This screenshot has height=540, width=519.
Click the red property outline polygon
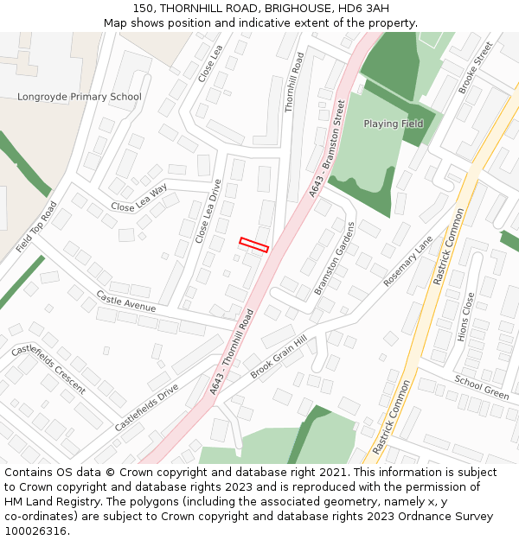(x=254, y=245)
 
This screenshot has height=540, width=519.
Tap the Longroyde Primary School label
(x=79, y=97)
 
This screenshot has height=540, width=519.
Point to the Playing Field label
(x=393, y=124)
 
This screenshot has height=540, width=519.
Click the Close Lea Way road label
(x=139, y=199)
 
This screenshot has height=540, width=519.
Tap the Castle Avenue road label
(x=125, y=302)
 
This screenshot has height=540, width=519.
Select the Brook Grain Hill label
(x=279, y=357)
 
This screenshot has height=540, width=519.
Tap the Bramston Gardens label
(x=335, y=258)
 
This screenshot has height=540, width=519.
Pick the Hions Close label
(x=466, y=316)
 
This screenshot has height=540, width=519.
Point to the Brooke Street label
(x=475, y=67)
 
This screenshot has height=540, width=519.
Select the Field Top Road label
(x=36, y=227)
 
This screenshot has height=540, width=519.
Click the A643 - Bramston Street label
(x=328, y=149)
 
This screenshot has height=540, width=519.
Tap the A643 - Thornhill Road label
(x=231, y=354)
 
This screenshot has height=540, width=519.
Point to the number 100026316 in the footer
(x=37, y=530)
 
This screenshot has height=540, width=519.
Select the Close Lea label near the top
(x=210, y=64)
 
